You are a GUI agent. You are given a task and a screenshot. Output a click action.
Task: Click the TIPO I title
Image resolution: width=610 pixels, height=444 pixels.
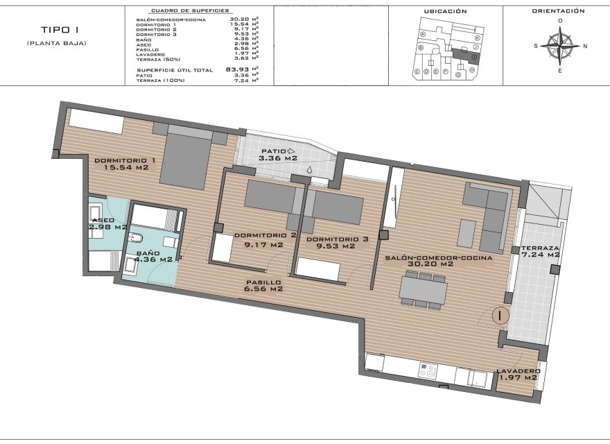coord(56,31)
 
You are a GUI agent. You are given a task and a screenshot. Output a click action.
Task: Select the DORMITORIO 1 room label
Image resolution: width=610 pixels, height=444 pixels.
coord(125,164)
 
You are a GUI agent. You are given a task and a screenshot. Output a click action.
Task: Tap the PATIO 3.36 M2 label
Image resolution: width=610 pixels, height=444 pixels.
coord(278,154)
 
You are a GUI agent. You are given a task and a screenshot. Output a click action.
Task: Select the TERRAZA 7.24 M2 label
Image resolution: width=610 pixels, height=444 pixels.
coord(540,251)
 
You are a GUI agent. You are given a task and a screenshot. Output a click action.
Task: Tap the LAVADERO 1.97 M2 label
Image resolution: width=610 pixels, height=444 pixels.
coord(517,374)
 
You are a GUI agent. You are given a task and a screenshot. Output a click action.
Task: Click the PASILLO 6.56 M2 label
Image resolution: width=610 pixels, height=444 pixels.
coord(263,286)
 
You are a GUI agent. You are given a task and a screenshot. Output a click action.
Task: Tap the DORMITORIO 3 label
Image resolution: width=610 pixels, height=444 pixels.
coord(335,242)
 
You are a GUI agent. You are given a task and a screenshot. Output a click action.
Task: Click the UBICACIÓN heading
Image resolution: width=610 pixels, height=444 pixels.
coord(445,11)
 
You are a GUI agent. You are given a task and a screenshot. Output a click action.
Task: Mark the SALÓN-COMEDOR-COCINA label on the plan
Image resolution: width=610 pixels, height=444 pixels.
coord(438,260)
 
